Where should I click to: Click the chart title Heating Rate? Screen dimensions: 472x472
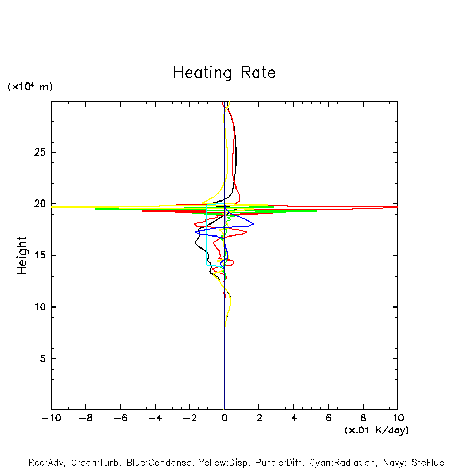click(224, 73)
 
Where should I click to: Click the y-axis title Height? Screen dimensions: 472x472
click(22, 255)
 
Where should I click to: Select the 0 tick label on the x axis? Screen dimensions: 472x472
click(225, 418)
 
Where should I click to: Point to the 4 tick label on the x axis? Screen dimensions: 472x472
click(294, 418)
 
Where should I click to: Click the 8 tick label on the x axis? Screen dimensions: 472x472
click(363, 418)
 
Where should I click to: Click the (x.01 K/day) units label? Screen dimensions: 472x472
click(376, 430)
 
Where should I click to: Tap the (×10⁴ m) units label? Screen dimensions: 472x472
click(30, 87)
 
